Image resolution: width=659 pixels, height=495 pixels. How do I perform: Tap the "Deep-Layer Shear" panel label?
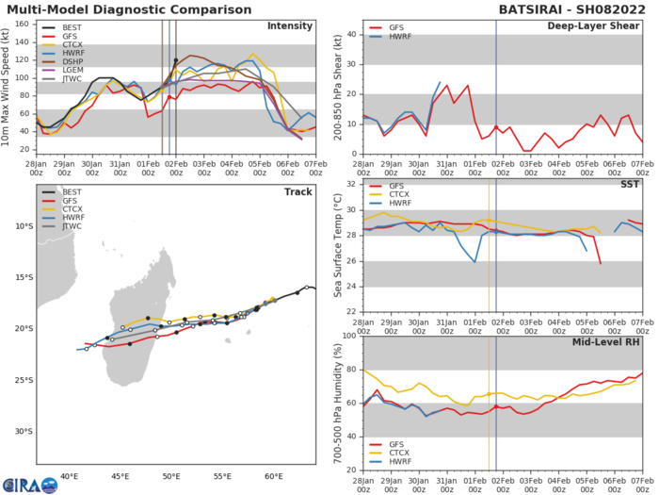click(x=600, y=25)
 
